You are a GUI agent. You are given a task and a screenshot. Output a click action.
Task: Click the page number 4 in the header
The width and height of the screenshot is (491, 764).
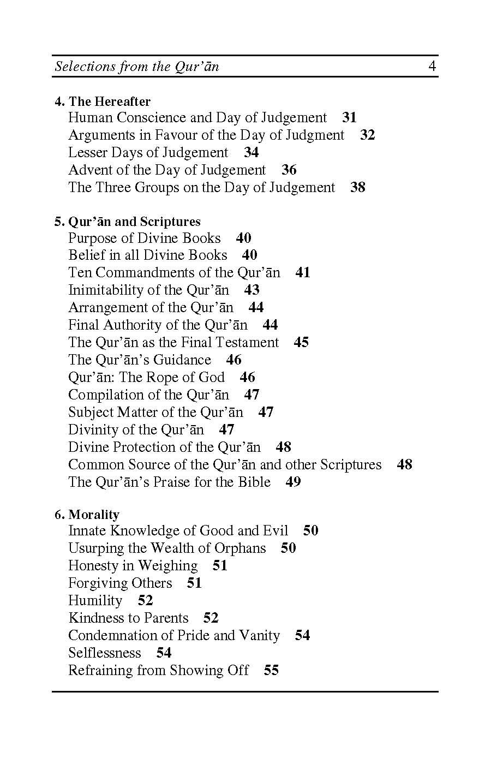click(x=432, y=67)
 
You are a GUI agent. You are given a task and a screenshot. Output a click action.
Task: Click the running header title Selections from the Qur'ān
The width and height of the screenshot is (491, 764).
click(x=137, y=67)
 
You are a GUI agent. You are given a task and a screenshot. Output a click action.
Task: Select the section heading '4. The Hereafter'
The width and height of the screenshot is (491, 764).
click(x=103, y=102)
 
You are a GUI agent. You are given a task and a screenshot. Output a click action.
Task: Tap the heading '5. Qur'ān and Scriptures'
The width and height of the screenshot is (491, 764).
click(x=128, y=222)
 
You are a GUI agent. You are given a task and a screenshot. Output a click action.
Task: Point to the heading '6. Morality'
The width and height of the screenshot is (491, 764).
click(x=87, y=515)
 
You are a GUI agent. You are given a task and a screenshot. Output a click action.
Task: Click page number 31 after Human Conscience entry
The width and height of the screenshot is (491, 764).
click(x=349, y=118)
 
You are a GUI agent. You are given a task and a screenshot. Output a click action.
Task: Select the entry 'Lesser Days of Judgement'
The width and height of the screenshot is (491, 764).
click(x=148, y=153)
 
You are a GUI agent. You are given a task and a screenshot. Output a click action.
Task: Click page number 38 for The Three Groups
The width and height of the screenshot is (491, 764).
click(x=358, y=188)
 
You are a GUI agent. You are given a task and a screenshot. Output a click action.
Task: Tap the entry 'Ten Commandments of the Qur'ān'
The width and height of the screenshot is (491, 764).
click(x=174, y=273)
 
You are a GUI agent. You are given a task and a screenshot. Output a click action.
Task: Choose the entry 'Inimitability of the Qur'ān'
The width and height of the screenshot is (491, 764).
click(x=148, y=290)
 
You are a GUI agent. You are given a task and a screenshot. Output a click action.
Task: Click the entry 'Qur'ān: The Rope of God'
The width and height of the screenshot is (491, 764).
click(x=146, y=378)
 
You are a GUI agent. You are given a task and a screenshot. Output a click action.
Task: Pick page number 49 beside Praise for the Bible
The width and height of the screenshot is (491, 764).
click(x=293, y=482)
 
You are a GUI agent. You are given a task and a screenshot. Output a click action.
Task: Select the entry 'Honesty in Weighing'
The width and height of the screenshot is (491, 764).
click(x=133, y=566)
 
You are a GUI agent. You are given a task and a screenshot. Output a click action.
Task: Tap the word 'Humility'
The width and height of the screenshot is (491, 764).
click(x=95, y=601)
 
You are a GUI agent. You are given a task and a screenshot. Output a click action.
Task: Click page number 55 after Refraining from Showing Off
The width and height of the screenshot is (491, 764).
click(x=271, y=671)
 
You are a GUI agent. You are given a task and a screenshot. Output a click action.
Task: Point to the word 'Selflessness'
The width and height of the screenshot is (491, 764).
click(x=105, y=653)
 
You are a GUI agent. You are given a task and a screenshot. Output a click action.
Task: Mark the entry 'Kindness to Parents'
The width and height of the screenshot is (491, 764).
click(x=128, y=618)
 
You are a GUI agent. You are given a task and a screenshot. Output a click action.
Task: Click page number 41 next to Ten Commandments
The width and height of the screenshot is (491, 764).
click(x=303, y=273)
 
